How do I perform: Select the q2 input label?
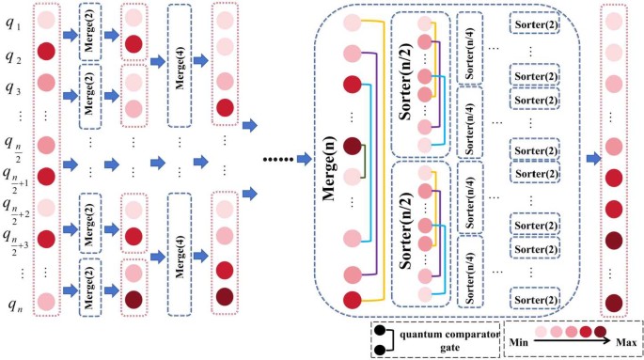point(13,55)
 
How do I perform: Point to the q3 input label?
point(13,88)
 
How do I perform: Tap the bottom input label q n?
point(13,304)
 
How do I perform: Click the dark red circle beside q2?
point(44,51)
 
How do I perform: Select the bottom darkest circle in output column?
point(613,303)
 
